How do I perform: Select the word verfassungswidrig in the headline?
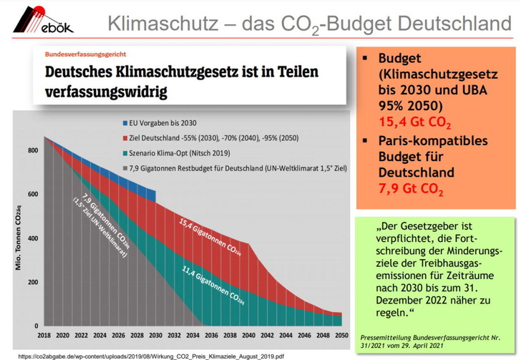pos(107,92)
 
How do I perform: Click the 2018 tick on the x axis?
pos(44,335)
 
